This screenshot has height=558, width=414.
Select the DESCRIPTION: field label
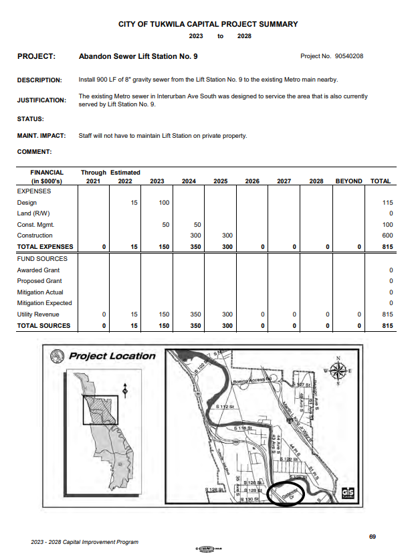39,80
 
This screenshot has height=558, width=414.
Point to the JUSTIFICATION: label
41,100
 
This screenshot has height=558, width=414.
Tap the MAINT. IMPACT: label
41,136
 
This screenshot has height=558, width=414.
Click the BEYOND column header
348,181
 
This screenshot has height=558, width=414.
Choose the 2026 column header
252,181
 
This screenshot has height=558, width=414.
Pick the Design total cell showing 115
385,203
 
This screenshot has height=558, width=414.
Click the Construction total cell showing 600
385,236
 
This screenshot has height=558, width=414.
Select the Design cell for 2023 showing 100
165,203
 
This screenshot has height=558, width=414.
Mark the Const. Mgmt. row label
35,225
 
